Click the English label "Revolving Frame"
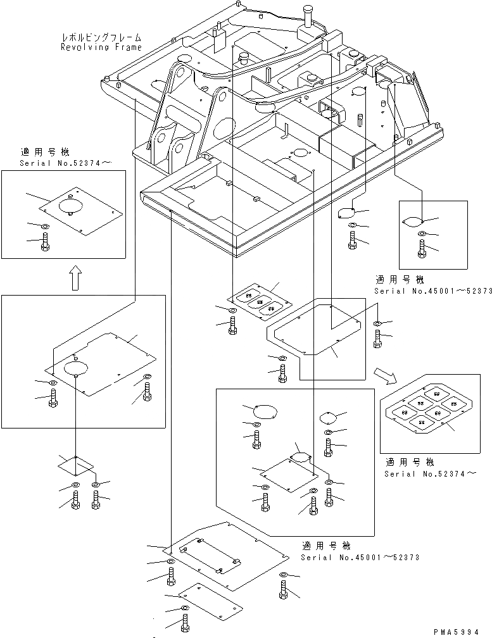101,47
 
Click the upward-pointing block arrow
74,277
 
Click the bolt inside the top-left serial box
44,242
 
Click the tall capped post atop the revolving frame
308,15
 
